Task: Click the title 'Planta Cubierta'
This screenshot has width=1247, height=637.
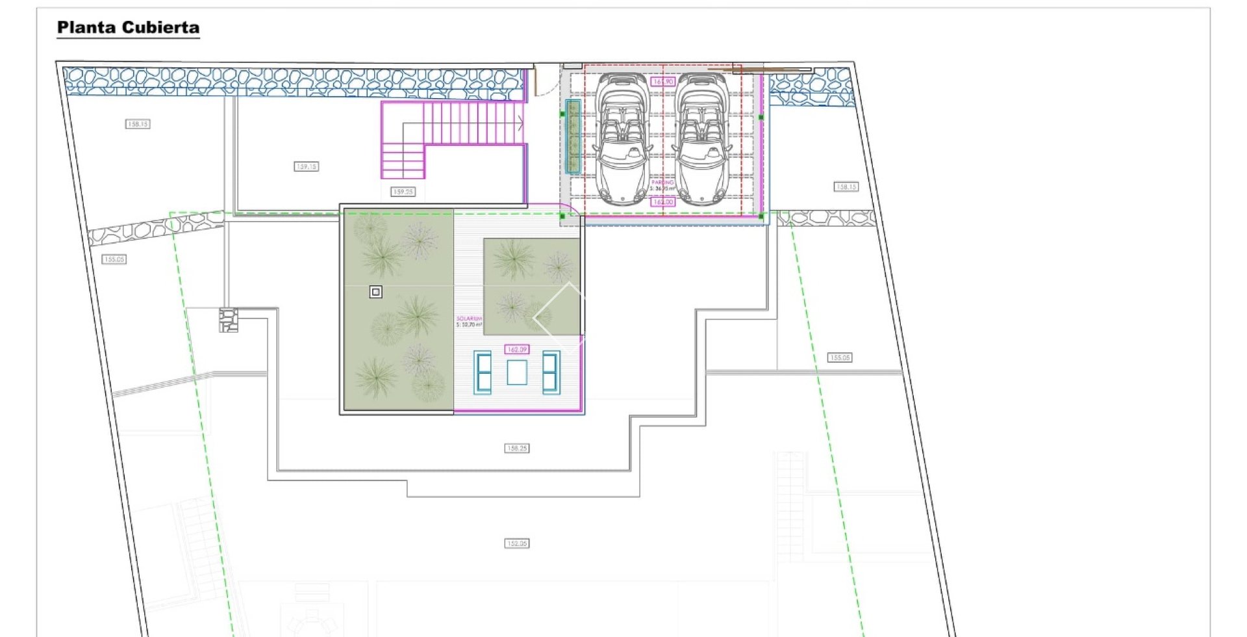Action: coord(128,27)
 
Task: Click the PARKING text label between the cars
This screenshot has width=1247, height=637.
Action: coord(662,183)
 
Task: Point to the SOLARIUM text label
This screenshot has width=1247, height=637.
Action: coord(469,318)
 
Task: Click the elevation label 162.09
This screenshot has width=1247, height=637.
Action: coord(517,350)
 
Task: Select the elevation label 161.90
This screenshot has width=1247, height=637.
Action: coord(662,82)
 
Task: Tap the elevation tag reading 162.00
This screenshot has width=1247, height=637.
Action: coord(662,202)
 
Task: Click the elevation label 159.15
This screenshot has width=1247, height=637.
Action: coord(306,167)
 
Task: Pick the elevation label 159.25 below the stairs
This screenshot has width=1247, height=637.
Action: coord(403,192)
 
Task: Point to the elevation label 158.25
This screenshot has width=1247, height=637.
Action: coord(517,448)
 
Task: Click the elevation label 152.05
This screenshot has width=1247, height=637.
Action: coord(517,543)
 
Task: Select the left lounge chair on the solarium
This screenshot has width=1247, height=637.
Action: coord(483,372)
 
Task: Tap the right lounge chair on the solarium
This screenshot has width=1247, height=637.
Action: coord(551,372)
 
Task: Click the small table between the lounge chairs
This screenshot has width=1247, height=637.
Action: coord(517,372)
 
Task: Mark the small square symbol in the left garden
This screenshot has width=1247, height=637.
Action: coord(375,292)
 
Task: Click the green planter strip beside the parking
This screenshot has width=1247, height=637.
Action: coord(572,136)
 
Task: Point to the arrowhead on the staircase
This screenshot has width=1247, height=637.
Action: coord(520,122)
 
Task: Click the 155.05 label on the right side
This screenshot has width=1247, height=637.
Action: coord(840,357)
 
